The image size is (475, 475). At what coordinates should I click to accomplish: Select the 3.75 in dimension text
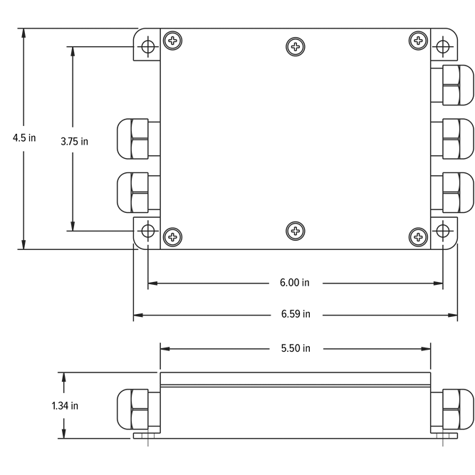[74, 140]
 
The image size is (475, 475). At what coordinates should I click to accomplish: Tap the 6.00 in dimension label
[294, 283]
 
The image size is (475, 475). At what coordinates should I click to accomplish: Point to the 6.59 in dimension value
[294, 313]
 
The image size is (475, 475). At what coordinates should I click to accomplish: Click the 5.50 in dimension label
[294, 348]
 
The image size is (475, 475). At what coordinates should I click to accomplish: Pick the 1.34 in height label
[64, 405]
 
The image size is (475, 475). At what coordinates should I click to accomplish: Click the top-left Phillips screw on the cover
[171, 40]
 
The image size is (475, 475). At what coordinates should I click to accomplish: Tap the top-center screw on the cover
[296, 47]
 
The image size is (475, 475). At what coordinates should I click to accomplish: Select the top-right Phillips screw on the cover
[419, 40]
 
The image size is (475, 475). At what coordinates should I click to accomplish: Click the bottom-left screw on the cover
[171, 236]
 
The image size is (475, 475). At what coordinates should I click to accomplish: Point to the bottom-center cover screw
[296, 230]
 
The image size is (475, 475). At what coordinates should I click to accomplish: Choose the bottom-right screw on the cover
[419, 236]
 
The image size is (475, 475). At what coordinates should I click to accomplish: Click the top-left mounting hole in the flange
[147, 47]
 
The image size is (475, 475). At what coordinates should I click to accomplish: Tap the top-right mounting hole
[443, 47]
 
